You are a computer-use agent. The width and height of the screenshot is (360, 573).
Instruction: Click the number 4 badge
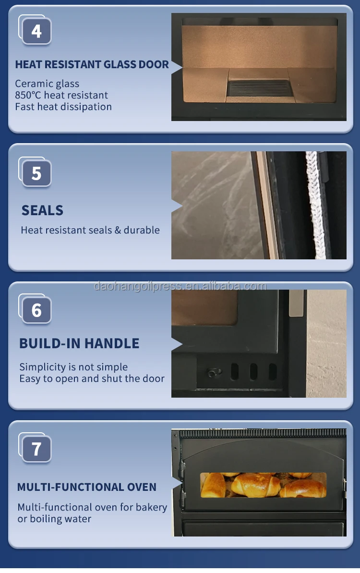click(x=36, y=31)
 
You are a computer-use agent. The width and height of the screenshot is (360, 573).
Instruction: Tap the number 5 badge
click(x=36, y=173)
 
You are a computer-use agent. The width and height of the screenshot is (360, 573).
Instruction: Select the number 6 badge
click(x=36, y=310)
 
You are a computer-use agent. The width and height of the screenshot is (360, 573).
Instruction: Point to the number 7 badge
click(x=36, y=449)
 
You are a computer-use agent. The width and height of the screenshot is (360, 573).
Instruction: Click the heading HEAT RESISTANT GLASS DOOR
click(x=92, y=65)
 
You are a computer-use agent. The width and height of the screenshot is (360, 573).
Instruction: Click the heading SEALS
click(x=42, y=210)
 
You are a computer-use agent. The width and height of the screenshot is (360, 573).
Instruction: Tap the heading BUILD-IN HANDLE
click(x=79, y=343)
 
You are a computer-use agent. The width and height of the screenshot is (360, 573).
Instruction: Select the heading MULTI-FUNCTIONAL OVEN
click(x=87, y=487)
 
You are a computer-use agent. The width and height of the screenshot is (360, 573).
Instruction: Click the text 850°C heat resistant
click(x=61, y=95)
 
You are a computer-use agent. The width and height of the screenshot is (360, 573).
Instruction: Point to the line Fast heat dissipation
click(x=63, y=107)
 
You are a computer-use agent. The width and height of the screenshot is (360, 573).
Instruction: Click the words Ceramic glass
click(x=47, y=84)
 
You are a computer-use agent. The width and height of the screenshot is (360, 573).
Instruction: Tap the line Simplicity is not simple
click(x=73, y=367)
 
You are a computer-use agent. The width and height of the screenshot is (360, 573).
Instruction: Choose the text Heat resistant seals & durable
click(x=90, y=230)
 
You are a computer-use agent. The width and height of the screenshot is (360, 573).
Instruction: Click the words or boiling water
click(x=54, y=519)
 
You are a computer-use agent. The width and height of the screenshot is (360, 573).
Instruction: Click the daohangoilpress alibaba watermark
click(x=180, y=286)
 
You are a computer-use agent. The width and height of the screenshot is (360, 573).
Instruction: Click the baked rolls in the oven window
click(x=263, y=485)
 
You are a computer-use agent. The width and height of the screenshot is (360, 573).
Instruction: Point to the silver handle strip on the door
click(x=296, y=303)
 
